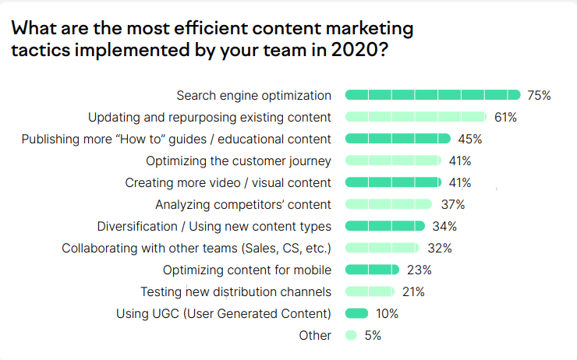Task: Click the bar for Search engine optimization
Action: click(433, 95)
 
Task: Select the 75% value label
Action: click(539, 96)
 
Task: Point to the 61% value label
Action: click(505, 118)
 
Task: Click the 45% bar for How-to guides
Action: click(398, 139)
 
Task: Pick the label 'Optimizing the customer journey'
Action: click(239, 161)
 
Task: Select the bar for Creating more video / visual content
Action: click(393, 182)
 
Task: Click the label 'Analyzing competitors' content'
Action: click(243, 205)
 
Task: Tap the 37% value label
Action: click(452, 205)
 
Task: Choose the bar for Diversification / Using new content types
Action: click(384, 226)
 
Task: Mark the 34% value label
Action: click(444, 227)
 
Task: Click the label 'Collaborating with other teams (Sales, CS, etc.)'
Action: click(196, 249)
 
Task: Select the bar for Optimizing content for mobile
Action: click(372, 270)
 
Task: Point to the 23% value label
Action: click(419, 270)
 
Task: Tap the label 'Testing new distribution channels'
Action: click(235, 292)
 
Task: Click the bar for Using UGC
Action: click(356, 313)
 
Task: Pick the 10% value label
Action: click(386, 314)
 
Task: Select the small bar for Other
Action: click(351, 335)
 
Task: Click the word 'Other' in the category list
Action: click(315, 336)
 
